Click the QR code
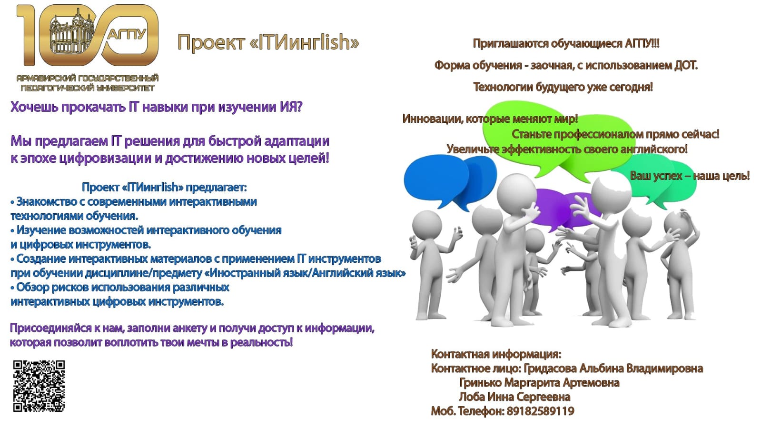pyautogui.click(x=39, y=386)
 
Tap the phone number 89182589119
pyautogui.click(x=541, y=411)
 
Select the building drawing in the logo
pyautogui.click(x=72, y=35)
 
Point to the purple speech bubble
pyautogui.click(x=561, y=209)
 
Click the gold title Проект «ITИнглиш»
pyautogui.click(x=268, y=42)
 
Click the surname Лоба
pyautogui.click(x=472, y=397)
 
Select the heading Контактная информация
pyautogui.click(x=496, y=354)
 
